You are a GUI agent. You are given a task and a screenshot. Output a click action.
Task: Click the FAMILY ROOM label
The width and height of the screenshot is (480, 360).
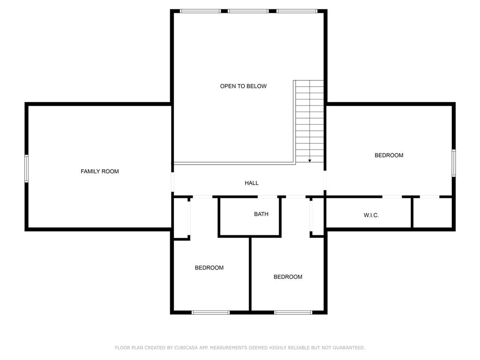[x=99, y=172]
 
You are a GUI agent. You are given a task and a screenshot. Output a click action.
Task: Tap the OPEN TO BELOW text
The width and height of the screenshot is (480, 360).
[x=243, y=86]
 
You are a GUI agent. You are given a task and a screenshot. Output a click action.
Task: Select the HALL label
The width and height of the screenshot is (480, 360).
[x=252, y=183]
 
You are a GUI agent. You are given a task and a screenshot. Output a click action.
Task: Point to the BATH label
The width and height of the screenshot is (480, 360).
[x=261, y=214]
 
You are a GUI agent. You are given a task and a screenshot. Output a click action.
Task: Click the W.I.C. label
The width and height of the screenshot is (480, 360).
[x=371, y=215]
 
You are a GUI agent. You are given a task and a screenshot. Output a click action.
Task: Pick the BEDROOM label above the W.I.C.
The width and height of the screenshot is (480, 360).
[x=389, y=155]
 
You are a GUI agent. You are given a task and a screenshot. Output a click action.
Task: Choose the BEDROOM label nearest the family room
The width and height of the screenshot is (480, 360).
[x=209, y=268]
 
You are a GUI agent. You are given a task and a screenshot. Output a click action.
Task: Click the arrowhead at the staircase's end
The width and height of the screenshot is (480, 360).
[x=310, y=161]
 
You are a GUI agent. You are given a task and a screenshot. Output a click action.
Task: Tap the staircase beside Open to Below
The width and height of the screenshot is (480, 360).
[x=309, y=121]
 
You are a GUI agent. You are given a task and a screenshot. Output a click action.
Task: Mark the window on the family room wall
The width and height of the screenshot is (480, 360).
[x=27, y=169]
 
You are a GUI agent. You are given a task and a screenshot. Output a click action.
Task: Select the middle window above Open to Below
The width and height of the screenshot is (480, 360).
[x=248, y=11]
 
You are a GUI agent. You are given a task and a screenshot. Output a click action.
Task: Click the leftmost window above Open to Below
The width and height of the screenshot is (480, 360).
[x=200, y=11]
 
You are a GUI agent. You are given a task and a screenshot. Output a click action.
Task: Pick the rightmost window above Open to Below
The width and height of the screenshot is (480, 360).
[x=297, y=11]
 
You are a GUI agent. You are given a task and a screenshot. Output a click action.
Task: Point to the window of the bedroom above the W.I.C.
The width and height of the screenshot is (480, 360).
[x=454, y=163]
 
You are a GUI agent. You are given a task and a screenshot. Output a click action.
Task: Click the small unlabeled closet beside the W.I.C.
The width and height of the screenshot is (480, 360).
[x=432, y=212]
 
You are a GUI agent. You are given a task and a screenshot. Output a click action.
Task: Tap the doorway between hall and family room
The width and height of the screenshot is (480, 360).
[x=172, y=182]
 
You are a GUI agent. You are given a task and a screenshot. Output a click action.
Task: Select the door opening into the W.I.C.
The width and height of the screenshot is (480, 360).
[x=392, y=196]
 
